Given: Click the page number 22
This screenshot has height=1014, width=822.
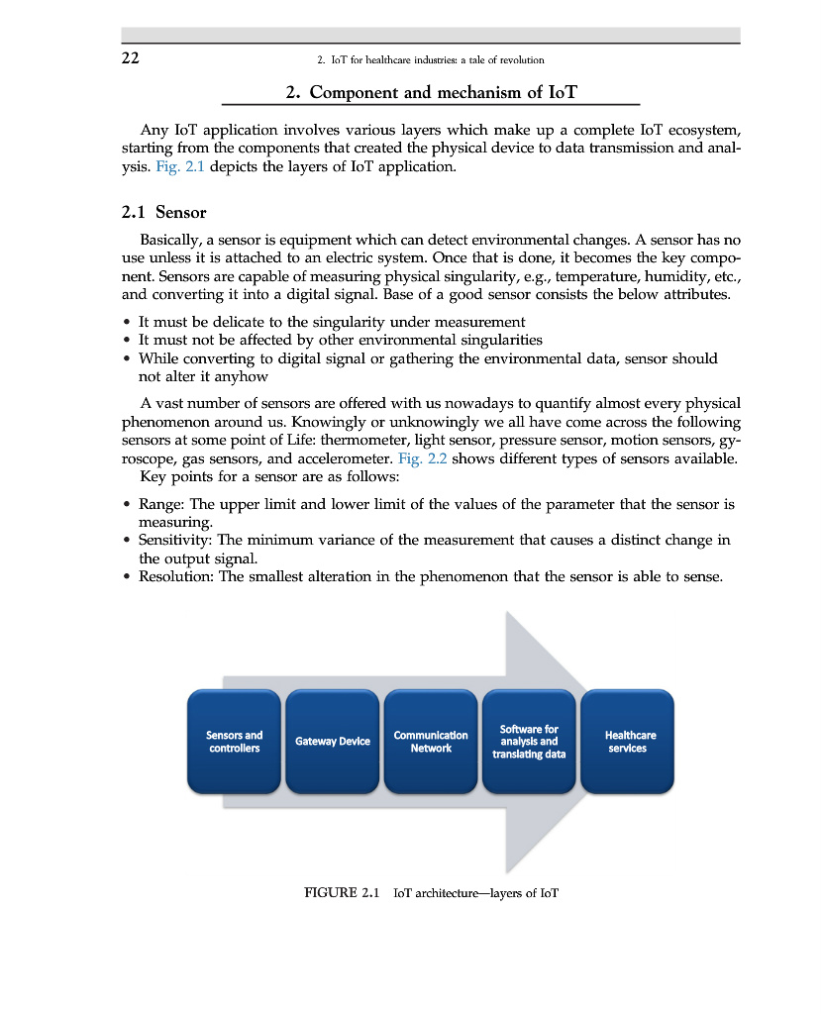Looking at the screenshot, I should tap(130, 57).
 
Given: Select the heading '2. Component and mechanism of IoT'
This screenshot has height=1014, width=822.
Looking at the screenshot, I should tap(431, 92).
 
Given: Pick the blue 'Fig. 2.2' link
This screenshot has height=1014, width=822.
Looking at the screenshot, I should tap(421, 458).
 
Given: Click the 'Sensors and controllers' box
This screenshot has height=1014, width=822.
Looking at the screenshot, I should tap(234, 742).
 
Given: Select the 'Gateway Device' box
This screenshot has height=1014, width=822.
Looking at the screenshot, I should tap(333, 742).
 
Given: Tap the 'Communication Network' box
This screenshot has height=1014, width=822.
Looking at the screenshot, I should tap(431, 742).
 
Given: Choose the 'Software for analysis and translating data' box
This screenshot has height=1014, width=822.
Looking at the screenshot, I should tap(529, 742).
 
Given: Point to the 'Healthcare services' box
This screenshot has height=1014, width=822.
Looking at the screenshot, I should tap(628, 742).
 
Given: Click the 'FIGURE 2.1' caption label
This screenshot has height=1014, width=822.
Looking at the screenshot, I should tap(342, 893).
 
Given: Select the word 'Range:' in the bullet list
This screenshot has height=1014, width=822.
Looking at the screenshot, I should tap(162, 504).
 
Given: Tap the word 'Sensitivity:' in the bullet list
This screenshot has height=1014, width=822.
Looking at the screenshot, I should tap(175, 540).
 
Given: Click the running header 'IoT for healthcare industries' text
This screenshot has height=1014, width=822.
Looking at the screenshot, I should tap(431, 59).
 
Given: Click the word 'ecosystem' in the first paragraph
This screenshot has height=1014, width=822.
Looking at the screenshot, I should tap(697, 131).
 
